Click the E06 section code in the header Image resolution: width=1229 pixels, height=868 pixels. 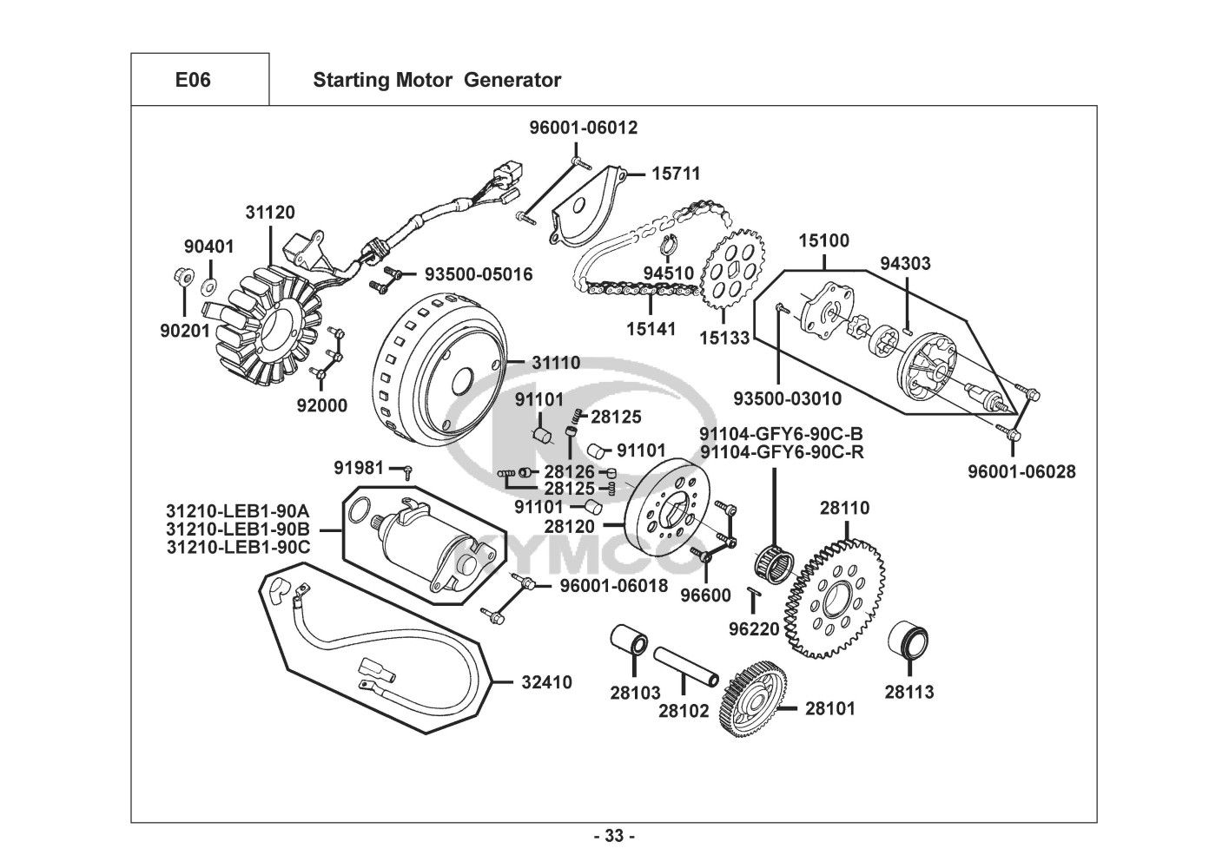(x=193, y=81)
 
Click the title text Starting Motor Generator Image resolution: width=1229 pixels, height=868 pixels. (x=437, y=81)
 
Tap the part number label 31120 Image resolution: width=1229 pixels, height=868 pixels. (x=269, y=213)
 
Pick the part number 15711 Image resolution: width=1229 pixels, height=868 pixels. (x=676, y=174)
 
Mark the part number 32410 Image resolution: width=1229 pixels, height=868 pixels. (x=546, y=682)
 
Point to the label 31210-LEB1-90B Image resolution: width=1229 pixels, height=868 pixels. (x=238, y=529)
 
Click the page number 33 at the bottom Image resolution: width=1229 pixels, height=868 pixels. (x=614, y=837)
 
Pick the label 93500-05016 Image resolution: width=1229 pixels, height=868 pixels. (x=479, y=274)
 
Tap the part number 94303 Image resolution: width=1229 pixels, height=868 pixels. (x=905, y=263)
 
